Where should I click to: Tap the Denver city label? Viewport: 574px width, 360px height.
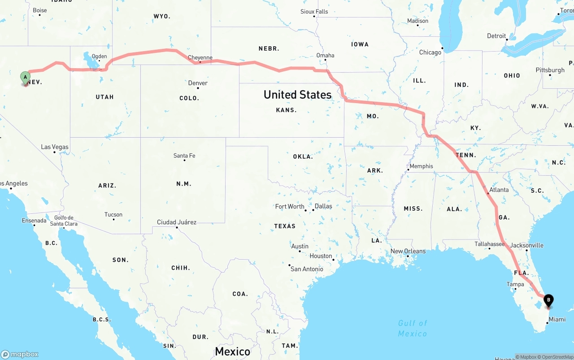[x=198, y=83]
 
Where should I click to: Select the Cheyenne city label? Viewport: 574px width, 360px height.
[x=200, y=57]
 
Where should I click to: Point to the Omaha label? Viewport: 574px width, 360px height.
[x=325, y=56]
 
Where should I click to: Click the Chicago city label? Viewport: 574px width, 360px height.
[x=430, y=52]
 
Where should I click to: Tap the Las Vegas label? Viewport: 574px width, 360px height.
[x=55, y=147]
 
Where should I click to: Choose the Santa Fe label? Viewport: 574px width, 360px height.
[x=184, y=156]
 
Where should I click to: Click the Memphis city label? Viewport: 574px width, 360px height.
[x=421, y=166]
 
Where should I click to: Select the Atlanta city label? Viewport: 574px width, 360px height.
[x=499, y=190]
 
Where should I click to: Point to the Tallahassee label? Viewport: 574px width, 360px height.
[x=490, y=244]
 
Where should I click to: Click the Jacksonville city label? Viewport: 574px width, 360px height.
[x=526, y=245]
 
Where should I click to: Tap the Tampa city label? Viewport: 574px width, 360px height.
[x=515, y=284]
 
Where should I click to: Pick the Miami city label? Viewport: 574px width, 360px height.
[x=557, y=319]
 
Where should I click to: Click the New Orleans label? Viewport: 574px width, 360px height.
[x=408, y=251]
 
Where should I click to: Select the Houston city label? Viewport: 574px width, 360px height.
[x=321, y=256]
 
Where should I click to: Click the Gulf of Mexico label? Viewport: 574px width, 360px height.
[x=413, y=328]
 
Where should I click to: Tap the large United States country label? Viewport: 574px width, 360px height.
[x=297, y=95]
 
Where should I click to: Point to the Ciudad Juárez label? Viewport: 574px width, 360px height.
[x=177, y=222]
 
